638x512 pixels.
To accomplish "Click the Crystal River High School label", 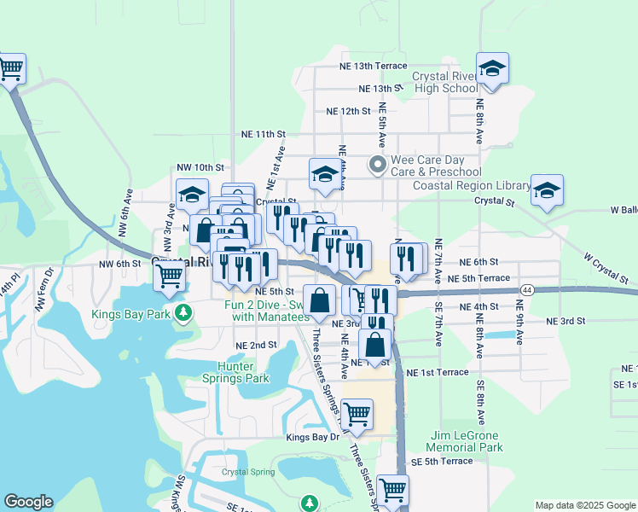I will (x=444, y=82).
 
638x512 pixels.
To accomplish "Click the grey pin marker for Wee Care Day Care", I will (x=375, y=162).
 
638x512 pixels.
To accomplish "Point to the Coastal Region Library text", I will (x=471, y=185).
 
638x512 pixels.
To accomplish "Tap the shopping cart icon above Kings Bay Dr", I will (x=357, y=415).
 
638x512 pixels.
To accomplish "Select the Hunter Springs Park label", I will (x=236, y=372).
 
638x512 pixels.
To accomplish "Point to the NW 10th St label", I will (x=200, y=167).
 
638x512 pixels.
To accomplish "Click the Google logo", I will (x=28, y=502).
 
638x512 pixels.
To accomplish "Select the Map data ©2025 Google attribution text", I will (x=584, y=504).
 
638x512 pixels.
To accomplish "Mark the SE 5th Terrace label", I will (x=441, y=461).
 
